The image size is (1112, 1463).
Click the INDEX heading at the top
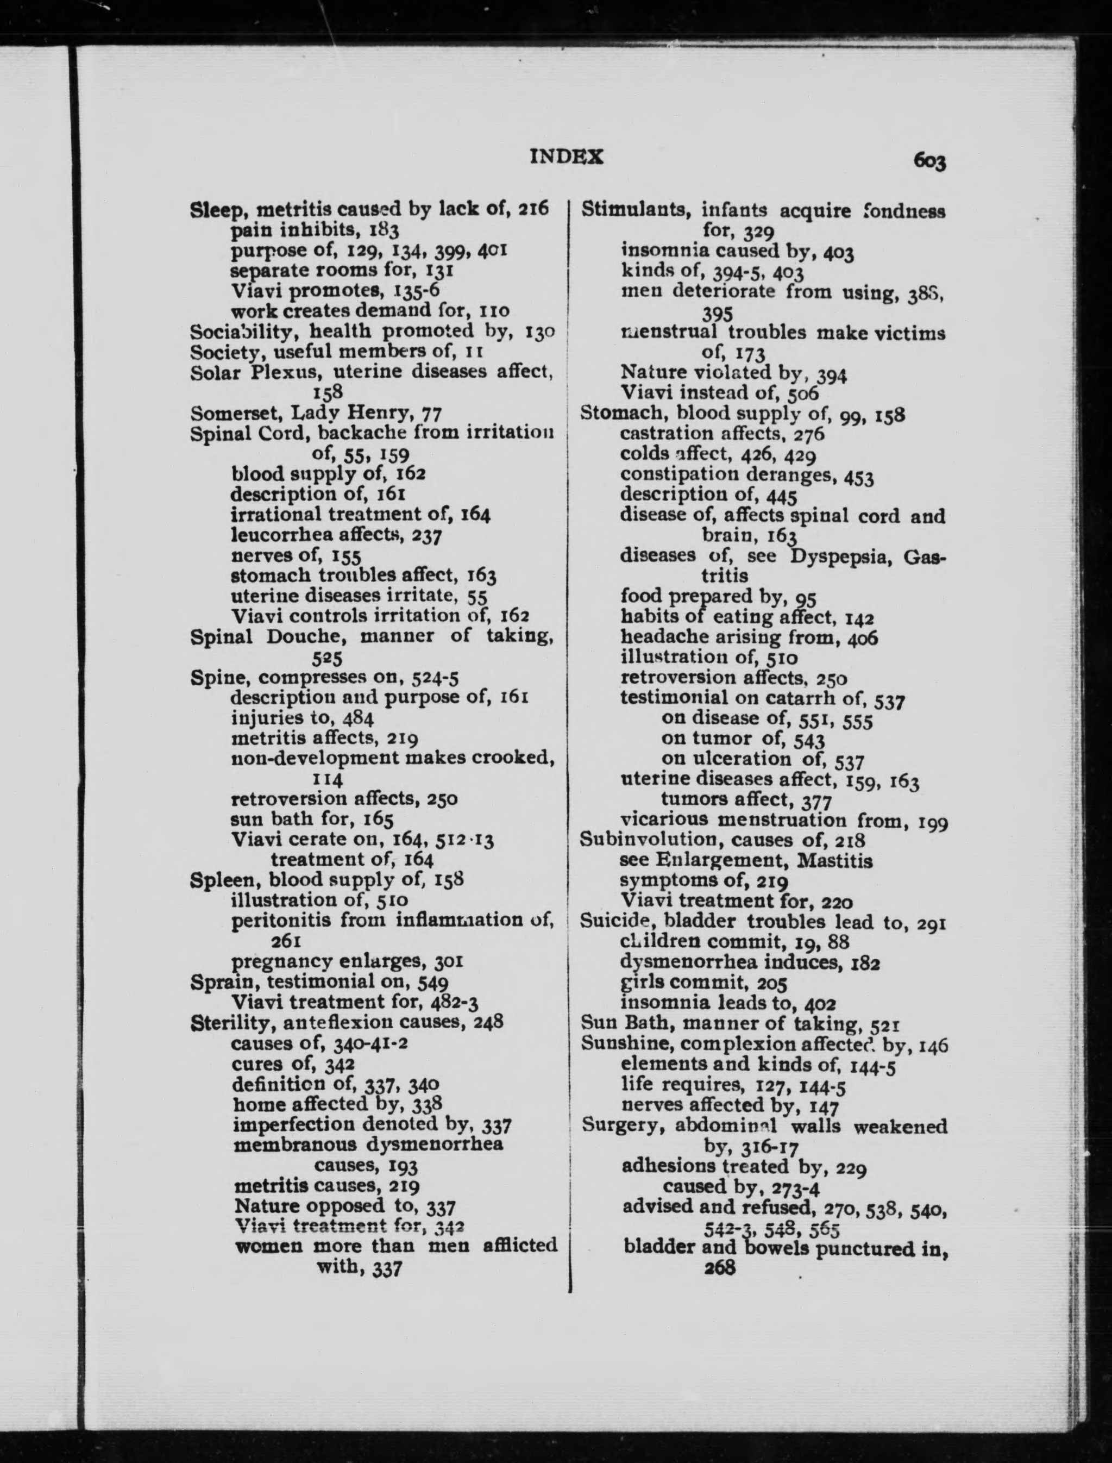click(x=567, y=157)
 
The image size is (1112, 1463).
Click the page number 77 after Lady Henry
click(x=431, y=414)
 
